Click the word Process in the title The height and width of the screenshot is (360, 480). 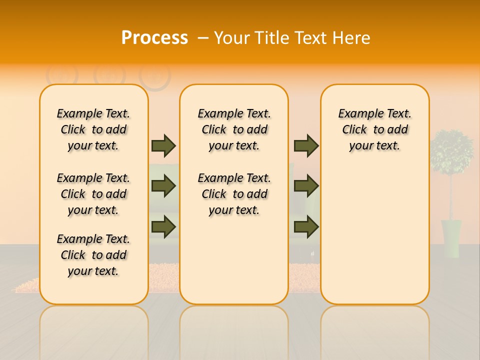pos(154,38)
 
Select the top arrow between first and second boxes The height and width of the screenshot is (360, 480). pos(163,145)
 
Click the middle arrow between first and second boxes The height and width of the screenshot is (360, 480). pos(163,186)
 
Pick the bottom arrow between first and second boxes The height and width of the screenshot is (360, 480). pos(163,226)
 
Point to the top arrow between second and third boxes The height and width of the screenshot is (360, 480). pos(306,145)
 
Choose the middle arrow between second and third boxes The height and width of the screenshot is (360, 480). pos(306,186)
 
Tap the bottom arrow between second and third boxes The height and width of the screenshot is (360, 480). pos(306,226)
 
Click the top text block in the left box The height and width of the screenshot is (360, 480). pos(93,129)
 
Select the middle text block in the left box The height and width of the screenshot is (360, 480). pos(93,194)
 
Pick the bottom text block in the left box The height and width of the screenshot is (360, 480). pos(93,255)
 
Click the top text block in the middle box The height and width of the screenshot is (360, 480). pos(234,129)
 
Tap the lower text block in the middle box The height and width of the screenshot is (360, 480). pos(234,194)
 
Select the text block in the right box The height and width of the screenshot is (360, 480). pos(374,129)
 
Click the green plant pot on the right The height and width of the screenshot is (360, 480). pos(451,238)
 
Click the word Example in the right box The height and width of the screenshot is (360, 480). pos(356,113)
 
